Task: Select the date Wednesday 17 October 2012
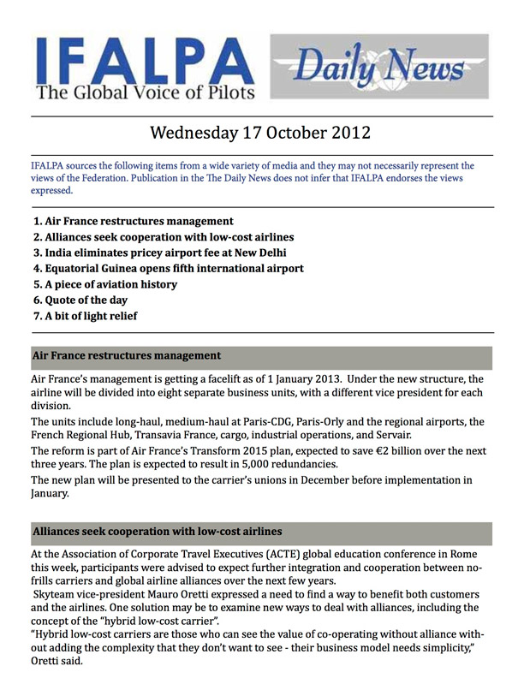click(x=261, y=134)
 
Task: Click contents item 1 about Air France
click(x=133, y=221)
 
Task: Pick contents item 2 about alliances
click(x=164, y=236)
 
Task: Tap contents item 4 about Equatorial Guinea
click(x=168, y=269)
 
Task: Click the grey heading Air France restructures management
click(x=127, y=355)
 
